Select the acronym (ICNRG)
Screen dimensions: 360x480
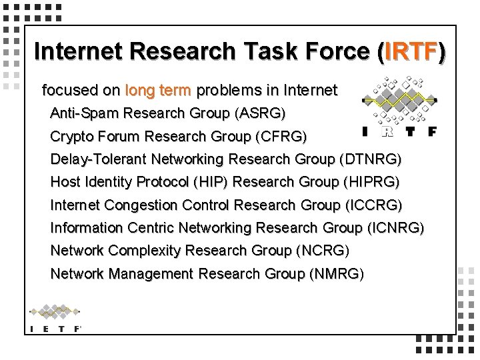tap(395, 228)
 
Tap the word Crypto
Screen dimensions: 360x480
tap(71, 137)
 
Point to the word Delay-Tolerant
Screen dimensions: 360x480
tap(99, 159)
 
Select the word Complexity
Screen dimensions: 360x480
tap(143, 251)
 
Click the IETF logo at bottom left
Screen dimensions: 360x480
tap(56, 319)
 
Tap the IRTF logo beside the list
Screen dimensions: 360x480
tap(399, 107)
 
